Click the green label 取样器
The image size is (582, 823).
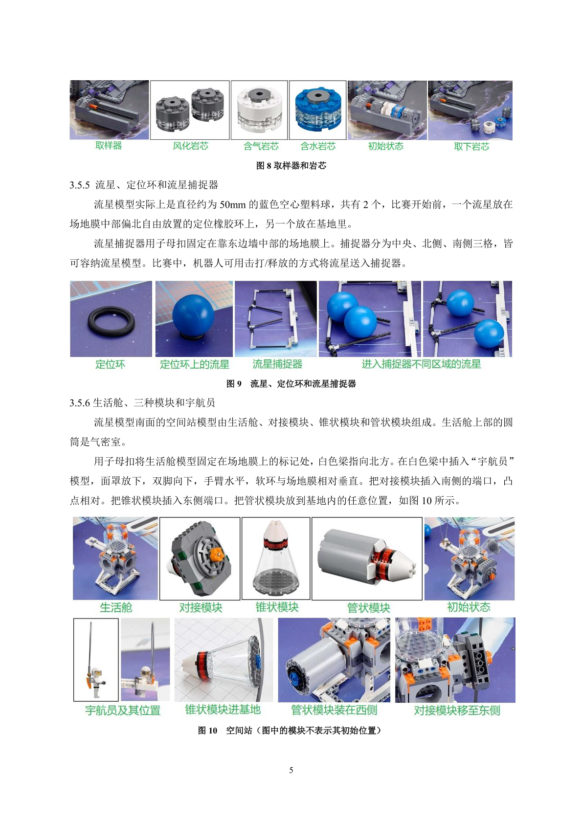tap(109, 146)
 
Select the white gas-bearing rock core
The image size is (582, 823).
tap(259, 110)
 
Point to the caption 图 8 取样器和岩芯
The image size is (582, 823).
tap(291, 166)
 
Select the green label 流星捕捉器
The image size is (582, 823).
tap(277, 364)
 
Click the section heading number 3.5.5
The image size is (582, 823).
tap(80, 185)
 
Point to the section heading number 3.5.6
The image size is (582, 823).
tap(80, 403)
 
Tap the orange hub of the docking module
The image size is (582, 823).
tap(217, 553)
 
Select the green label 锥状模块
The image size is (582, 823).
tap(277, 607)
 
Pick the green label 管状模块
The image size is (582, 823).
tap(369, 608)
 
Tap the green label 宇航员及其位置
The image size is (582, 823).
tap(123, 710)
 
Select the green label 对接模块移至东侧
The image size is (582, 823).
tap(457, 710)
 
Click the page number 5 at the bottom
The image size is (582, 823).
tap(291, 770)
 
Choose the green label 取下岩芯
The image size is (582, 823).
tap(471, 147)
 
